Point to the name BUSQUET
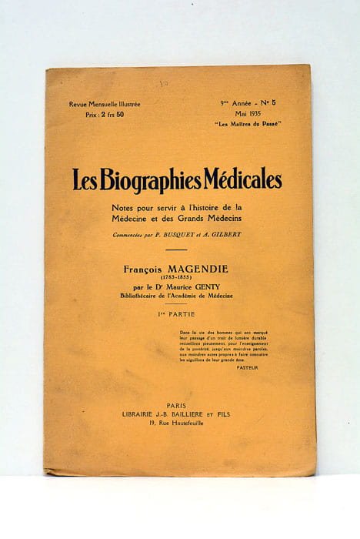pos(178,235)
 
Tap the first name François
pos(146,270)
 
